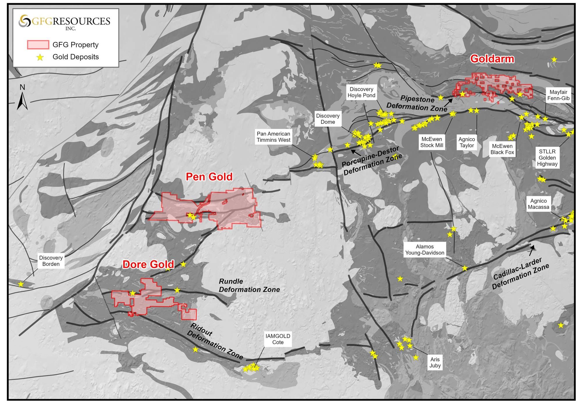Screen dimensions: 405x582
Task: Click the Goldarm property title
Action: coord(492,59)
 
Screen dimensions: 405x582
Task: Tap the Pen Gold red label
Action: coord(209,177)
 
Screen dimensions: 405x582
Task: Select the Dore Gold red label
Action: coord(148,264)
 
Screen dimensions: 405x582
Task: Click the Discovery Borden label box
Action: coord(51,261)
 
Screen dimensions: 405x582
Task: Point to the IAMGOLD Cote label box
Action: coord(278,339)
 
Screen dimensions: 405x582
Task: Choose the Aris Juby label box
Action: coord(435,362)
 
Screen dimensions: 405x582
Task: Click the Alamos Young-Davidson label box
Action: coord(425,250)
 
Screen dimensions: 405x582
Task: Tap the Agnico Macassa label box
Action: coord(538,204)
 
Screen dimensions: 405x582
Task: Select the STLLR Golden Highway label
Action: coord(547,158)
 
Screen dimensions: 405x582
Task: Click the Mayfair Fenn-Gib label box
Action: coord(558,95)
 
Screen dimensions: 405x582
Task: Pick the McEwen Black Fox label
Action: coord(502,149)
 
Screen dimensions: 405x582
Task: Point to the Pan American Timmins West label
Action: coord(273,137)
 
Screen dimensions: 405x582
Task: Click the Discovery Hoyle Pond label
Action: coord(361,92)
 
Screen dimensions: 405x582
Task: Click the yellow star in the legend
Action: coord(40,57)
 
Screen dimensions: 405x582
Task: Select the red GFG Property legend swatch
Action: coord(38,45)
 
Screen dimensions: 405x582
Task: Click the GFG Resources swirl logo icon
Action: coord(24,21)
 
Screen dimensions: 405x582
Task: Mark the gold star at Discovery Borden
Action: coord(21,284)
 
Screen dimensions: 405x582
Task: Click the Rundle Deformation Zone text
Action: coord(249,285)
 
